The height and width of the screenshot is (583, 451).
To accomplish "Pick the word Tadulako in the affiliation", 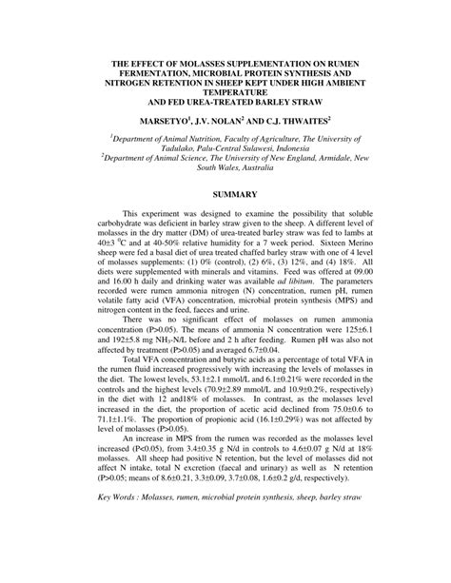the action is (162, 148).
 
